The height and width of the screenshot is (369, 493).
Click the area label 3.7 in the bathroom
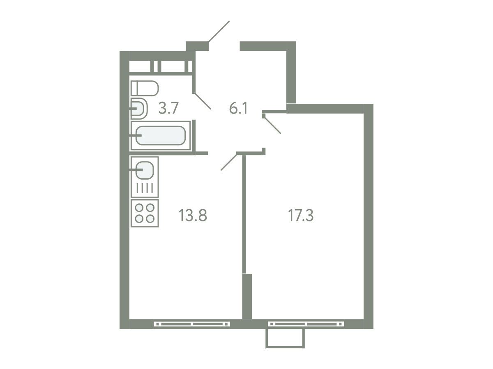[168, 108]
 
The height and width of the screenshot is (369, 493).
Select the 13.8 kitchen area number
[193, 215]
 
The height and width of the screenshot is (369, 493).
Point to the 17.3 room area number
[301, 215]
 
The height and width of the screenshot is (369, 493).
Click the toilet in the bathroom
[145, 88]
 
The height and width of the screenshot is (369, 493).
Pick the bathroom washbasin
[139, 109]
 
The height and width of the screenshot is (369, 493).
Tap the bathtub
[161, 136]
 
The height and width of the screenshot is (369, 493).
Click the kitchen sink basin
[145, 170]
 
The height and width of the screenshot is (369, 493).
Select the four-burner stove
[145, 213]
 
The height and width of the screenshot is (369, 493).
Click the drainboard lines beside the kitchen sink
[145, 188]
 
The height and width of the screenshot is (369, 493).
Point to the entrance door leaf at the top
[219, 32]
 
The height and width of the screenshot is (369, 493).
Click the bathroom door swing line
[203, 101]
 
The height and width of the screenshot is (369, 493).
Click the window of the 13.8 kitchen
[192, 324]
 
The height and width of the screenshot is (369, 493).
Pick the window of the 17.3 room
[306, 324]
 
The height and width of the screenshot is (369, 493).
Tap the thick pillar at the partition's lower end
[247, 296]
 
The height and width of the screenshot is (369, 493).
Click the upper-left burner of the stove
[139, 208]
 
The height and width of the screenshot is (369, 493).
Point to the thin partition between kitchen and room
[244, 214]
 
